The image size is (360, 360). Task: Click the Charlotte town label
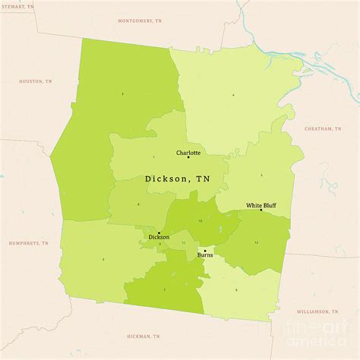coord(188,153)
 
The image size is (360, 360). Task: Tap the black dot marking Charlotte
coord(188,157)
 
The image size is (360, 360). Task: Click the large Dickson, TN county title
coord(178,179)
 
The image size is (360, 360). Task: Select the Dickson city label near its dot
coord(159,238)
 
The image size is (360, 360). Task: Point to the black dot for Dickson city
coord(159,232)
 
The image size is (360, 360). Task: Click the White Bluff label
coord(260,205)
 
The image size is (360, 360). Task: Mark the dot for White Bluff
coord(261,210)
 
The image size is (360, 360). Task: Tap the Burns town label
coord(205,255)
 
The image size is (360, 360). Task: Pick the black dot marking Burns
coord(205,250)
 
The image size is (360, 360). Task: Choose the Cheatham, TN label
coord(324,129)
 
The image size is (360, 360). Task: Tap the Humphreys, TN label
coord(28,244)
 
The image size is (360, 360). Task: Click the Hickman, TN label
coord(144,336)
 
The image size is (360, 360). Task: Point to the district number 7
coord(163,289)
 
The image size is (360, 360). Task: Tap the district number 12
coord(256,242)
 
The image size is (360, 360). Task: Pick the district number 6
coord(236,289)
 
